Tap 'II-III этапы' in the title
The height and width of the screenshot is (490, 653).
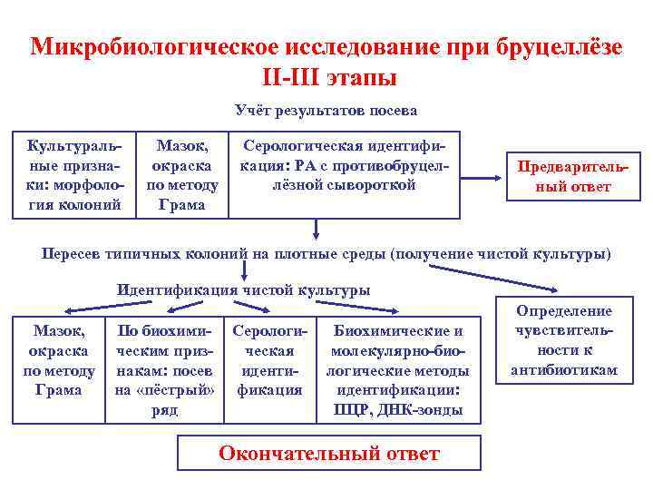(x=326, y=77)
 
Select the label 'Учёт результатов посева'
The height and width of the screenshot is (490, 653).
(x=326, y=111)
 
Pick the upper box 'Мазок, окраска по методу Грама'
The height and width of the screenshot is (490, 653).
(x=181, y=174)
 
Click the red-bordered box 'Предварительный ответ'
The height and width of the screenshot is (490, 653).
(x=564, y=177)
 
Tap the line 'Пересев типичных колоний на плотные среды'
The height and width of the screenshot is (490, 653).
(x=326, y=253)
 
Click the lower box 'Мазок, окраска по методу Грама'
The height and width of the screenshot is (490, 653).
(x=59, y=361)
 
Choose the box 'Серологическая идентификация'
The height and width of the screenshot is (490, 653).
(x=269, y=361)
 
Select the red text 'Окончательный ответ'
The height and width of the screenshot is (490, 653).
(x=329, y=453)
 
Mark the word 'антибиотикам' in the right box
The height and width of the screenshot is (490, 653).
(x=564, y=370)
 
